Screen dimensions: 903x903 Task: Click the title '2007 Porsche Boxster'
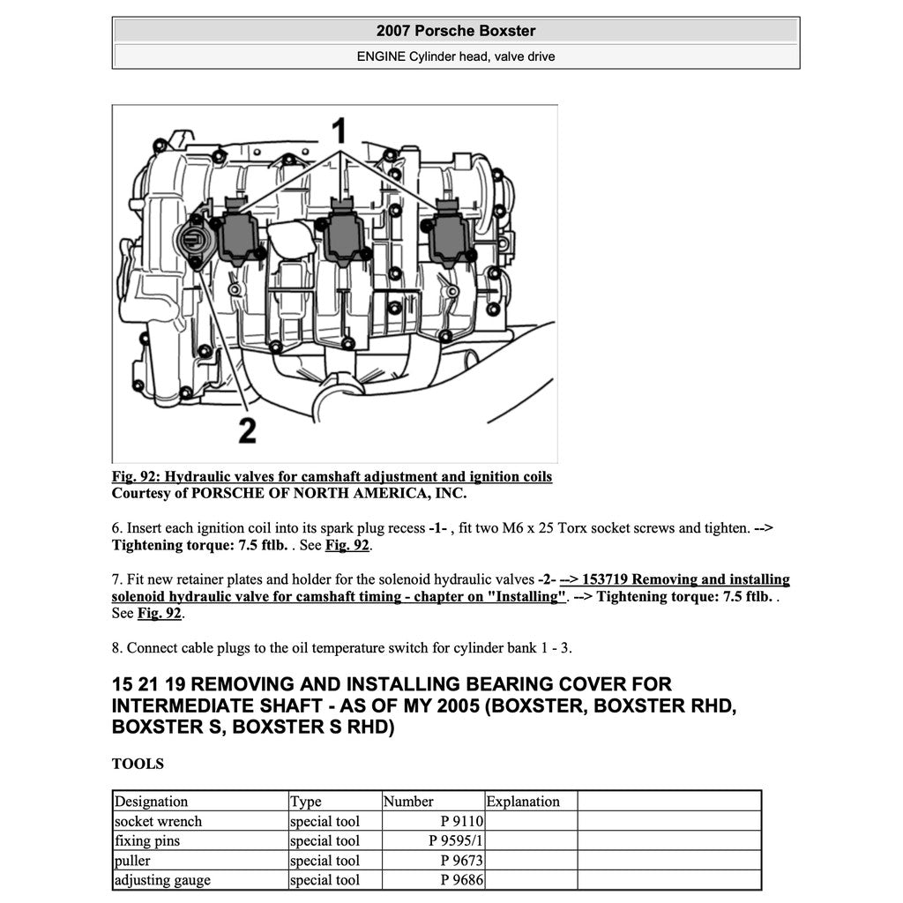tap(456, 31)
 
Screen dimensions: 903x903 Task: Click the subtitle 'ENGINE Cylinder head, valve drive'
tap(456, 56)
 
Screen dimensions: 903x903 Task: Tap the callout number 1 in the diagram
tap(339, 131)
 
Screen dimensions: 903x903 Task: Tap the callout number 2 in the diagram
tap(247, 430)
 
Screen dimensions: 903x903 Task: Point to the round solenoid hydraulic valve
tap(191, 240)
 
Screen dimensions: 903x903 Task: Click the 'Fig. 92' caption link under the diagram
tap(332, 477)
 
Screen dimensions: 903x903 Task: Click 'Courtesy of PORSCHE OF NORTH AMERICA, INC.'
tap(289, 494)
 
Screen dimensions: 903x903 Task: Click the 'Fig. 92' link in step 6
tap(347, 546)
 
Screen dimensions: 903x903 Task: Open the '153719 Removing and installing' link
tap(675, 579)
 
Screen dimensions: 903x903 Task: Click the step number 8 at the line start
tap(116, 648)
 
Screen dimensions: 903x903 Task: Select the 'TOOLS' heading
tap(138, 764)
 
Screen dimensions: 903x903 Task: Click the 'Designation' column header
tap(152, 802)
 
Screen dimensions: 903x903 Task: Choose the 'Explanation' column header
tap(523, 802)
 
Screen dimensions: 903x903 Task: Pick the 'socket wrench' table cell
tap(159, 821)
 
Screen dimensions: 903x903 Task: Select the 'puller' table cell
tap(133, 860)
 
